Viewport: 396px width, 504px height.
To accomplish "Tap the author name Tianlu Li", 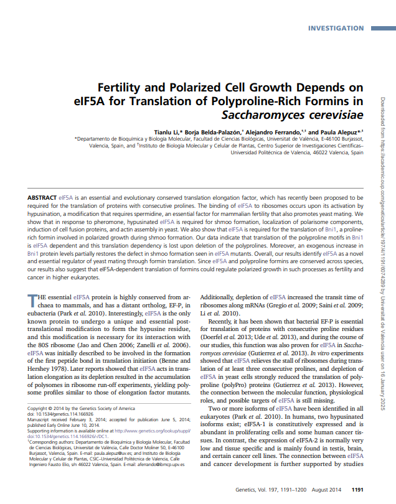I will (167, 132).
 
